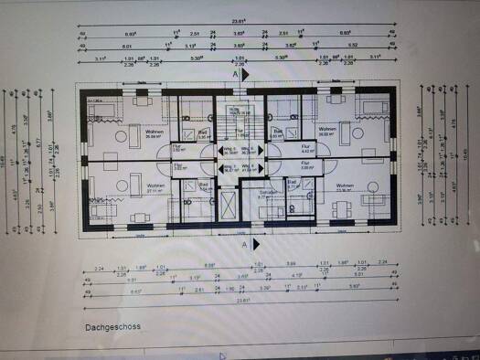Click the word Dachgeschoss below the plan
(112, 325)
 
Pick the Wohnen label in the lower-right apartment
(346, 186)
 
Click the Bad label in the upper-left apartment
(203, 132)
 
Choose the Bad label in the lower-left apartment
(203, 184)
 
